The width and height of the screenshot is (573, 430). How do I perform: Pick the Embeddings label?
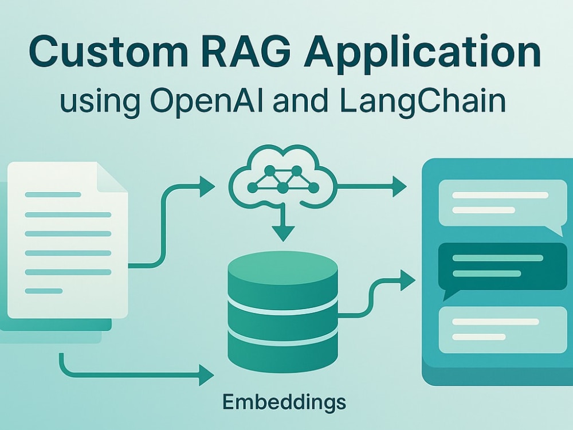click(284, 403)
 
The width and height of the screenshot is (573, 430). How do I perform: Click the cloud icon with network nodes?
click(283, 177)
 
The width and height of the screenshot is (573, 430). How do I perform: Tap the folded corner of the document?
click(112, 177)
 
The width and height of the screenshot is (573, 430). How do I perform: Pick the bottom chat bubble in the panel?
click(503, 330)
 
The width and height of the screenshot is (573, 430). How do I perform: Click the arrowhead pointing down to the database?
click(283, 233)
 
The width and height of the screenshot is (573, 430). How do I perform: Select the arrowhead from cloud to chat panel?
click(399, 186)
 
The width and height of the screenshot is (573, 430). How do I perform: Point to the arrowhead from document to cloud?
click(207, 186)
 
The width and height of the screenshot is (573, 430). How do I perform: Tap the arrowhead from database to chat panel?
click(407, 280)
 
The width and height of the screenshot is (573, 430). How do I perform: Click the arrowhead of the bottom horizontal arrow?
click(206, 375)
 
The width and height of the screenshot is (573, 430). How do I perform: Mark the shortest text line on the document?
click(44, 291)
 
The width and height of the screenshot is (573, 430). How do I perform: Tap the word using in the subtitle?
click(100, 102)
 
